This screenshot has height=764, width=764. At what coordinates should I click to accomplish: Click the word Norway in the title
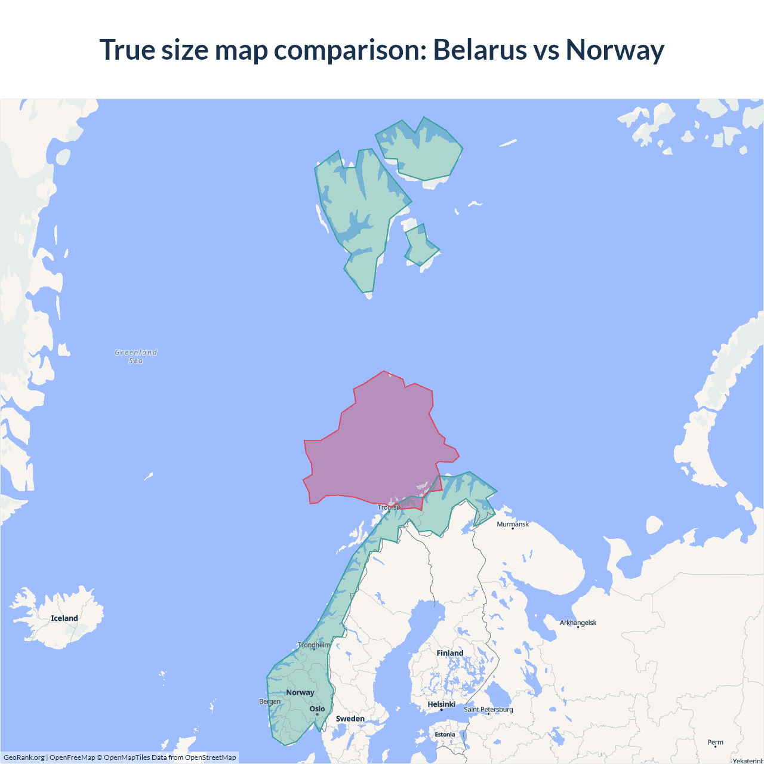pyautogui.click(x=615, y=50)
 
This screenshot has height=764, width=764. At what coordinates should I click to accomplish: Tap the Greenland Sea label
pyautogui.click(x=136, y=356)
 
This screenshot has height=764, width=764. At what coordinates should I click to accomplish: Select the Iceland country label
pyautogui.click(x=64, y=618)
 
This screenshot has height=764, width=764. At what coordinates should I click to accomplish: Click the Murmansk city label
pyautogui.click(x=513, y=524)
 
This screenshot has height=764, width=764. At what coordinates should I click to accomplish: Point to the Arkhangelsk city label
pyautogui.click(x=578, y=623)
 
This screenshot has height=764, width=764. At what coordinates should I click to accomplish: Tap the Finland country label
pyautogui.click(x=449, y=653)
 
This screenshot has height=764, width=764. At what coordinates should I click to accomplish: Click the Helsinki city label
pyautogui.click(x=441, y=704)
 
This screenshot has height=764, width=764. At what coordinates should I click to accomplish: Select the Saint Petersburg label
pyautogui.click(x=488, y=709)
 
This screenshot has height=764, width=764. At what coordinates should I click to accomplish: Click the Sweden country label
pyautogui.click(x=350, y=719)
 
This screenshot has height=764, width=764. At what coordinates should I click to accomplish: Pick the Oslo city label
pyautogui.click(x=317, y=709)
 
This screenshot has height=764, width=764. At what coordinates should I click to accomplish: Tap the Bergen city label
pyautogui.click(x=270, y=701)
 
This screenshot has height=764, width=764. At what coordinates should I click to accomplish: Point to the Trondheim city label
pyautogui.click(x=314, y=645)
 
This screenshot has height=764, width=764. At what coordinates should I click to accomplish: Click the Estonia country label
pyautogui.click(x=445, y=734)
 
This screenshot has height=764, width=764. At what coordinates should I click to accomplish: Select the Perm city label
pyautogui.click(x=715, y=743)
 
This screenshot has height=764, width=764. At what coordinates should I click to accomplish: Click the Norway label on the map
pyautogui.click(x=300, y=692)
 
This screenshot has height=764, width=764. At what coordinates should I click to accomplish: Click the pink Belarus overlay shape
pyautogui.click(x=376, y=442)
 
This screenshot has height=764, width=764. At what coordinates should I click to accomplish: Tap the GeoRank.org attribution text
pyautogui.click(x=24, y=757)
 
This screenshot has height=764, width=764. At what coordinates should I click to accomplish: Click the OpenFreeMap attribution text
pyautogui.click(x=72, y=757)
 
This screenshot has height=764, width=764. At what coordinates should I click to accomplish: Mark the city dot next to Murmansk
pyautogui.click(x=513, y=529)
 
